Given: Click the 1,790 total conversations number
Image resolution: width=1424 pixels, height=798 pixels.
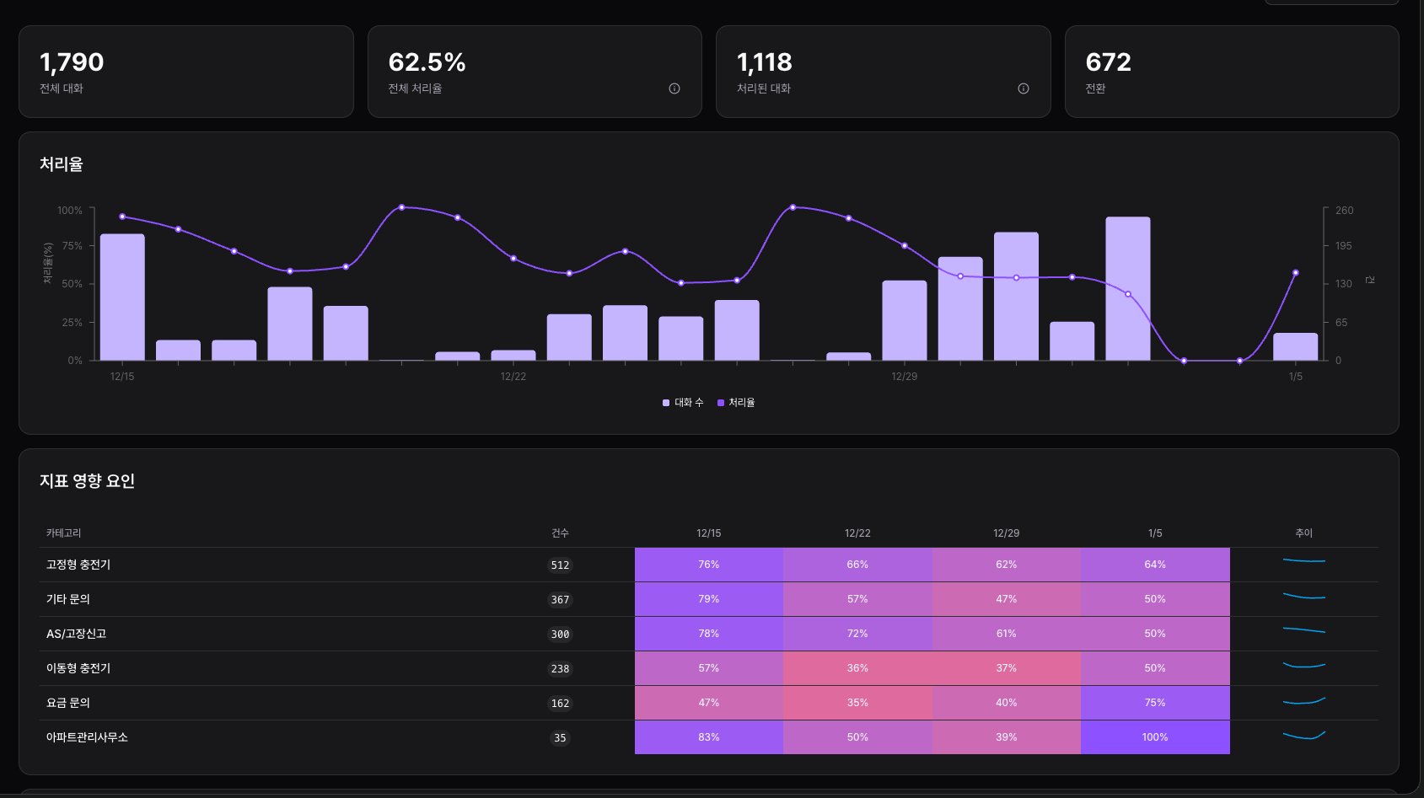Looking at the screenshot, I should [72, 62].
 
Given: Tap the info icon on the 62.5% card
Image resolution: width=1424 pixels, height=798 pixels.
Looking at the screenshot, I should [674, 88].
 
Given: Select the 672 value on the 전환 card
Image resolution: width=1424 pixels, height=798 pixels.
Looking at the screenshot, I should [1108, 62].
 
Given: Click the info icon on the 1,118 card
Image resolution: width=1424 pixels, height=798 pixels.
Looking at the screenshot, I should [1024, 88].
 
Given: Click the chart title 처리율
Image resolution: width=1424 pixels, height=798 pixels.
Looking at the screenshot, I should [62, 164].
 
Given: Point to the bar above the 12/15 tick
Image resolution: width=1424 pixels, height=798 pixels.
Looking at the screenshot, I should [122, 297].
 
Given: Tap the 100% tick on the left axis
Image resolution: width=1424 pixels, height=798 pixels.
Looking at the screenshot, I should [70, 211].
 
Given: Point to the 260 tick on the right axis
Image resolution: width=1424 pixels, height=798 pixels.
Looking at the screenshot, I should [1344, 211].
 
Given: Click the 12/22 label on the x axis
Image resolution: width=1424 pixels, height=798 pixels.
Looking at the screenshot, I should [513, 377].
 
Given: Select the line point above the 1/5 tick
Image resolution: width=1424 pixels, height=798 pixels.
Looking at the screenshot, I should [1295, 273].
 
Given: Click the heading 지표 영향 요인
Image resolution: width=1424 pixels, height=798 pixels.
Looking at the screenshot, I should [87, 481].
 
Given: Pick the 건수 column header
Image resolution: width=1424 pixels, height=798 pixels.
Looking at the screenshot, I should [560, 533].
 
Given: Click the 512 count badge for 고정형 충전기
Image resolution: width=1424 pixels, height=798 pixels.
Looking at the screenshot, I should [560, 565].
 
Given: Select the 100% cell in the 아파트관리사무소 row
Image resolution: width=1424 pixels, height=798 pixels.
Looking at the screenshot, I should [1154, 737].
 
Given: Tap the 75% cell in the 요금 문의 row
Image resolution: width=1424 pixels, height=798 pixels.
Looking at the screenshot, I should [1154, 703].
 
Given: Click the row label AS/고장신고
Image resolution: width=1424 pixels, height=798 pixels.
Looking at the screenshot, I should [76, 634].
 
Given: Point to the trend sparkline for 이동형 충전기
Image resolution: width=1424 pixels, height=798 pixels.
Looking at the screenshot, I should [1303, 666].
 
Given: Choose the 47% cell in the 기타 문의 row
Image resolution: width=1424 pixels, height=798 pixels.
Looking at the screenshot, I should [1006, 599].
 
